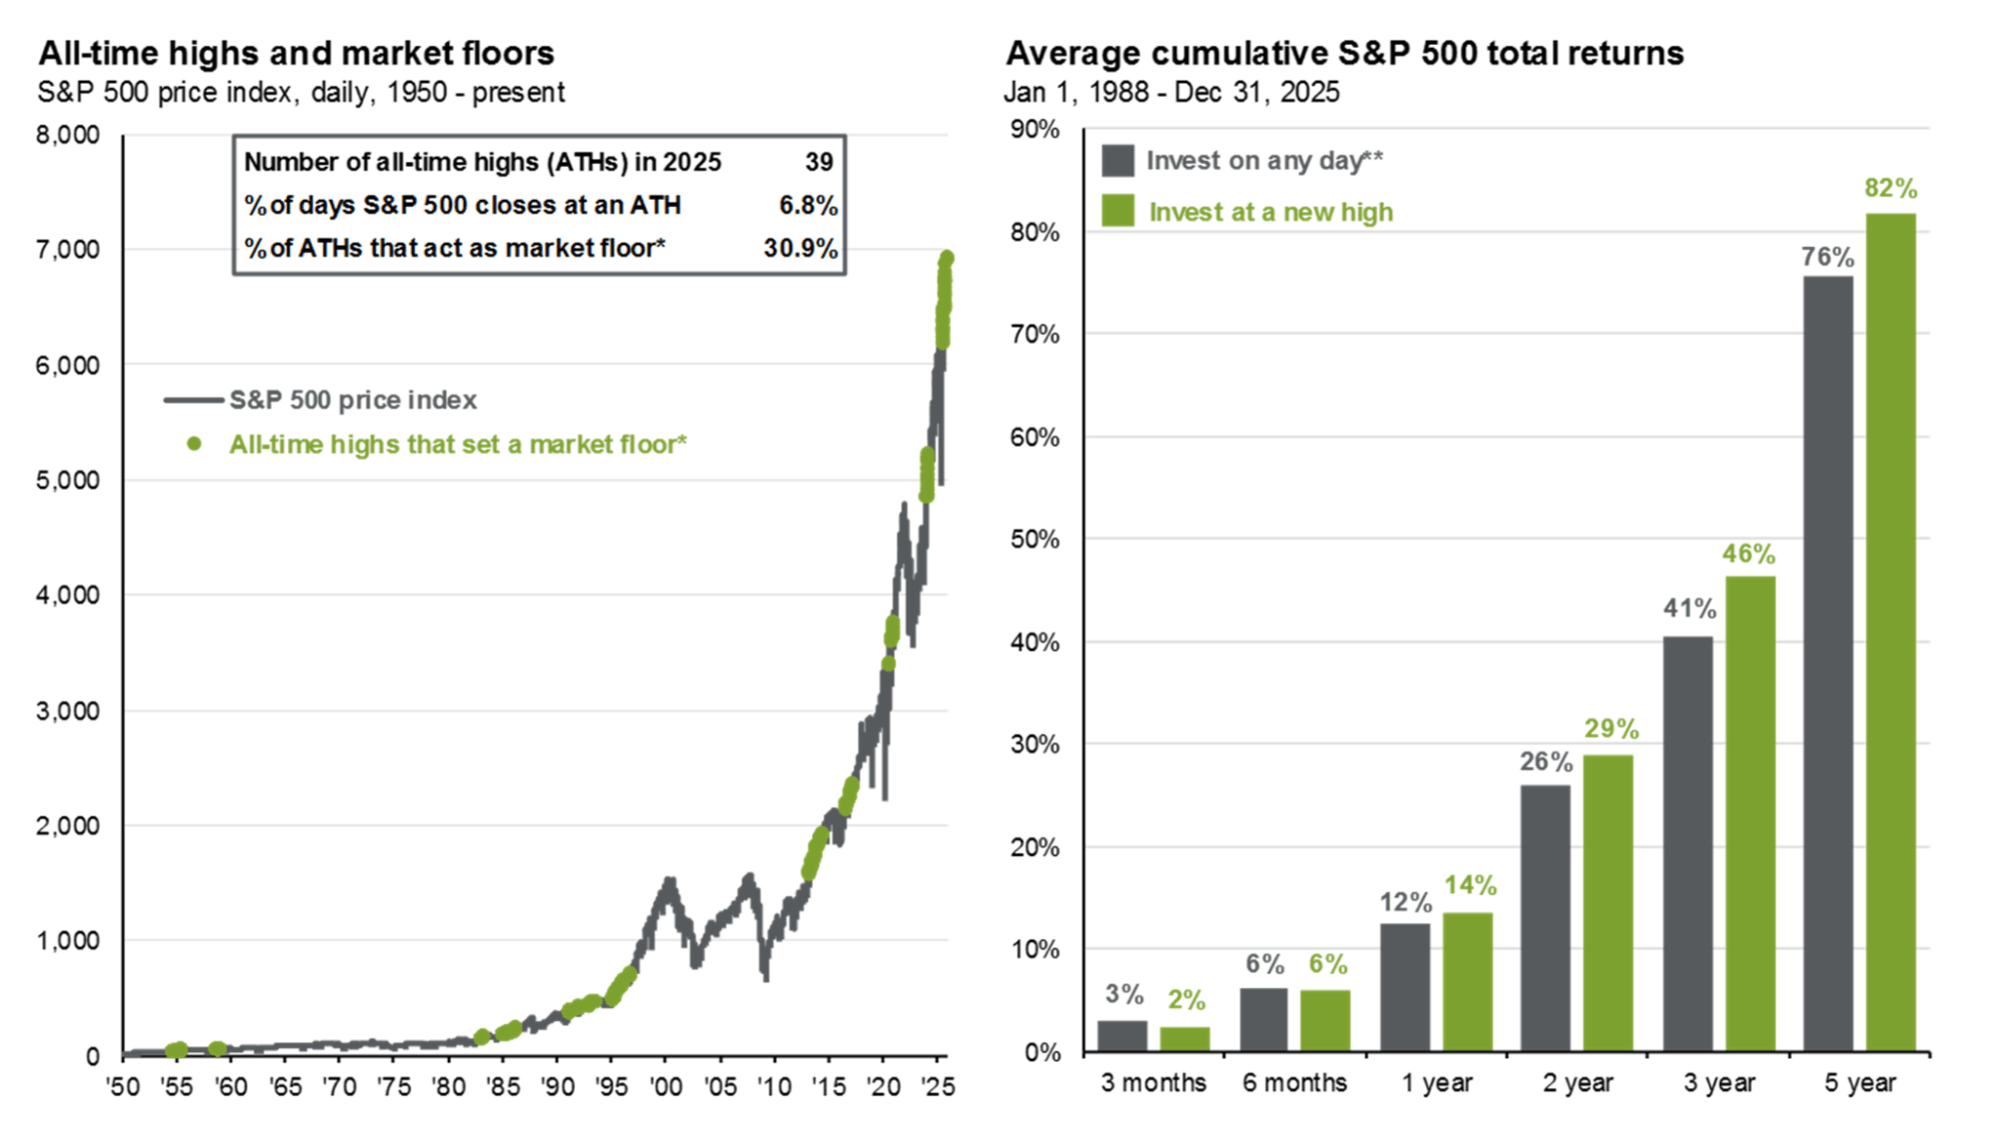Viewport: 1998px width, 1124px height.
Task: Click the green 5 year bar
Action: click(1890, 631)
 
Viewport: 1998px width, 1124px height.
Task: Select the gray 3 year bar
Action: click(1687, 843)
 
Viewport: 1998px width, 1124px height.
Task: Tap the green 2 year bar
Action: click(1607, 902)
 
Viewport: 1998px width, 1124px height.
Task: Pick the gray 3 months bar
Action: click(1121, 1035)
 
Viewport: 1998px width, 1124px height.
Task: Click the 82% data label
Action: click(1890, 188)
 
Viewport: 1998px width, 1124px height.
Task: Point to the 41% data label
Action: click(1688, 607)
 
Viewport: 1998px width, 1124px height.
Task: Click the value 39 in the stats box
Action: click(819, 162)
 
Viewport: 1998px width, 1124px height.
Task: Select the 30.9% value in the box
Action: click(800, 248)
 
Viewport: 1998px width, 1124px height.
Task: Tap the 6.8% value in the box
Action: click(808, 205)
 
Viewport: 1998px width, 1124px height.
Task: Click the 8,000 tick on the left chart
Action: click(68, 135)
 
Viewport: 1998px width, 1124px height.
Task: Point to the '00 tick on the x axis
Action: click(665, 1086)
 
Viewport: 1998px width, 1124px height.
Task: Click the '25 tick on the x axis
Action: click(938, 1086)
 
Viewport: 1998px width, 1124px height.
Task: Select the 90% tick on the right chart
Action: click(1034, 129)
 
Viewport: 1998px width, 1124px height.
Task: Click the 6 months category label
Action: click(1294, 1082)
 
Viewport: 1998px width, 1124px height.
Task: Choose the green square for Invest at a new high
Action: click(1117, 211)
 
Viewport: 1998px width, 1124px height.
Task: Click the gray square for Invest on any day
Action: click(1117, 160)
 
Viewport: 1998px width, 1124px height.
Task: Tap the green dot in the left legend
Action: click(194, 444)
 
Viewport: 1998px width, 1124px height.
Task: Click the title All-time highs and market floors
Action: click(296, 53)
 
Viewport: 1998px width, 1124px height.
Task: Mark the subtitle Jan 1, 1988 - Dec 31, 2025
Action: click(1171, 92)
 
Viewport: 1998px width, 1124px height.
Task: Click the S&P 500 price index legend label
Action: click(353, 400)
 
